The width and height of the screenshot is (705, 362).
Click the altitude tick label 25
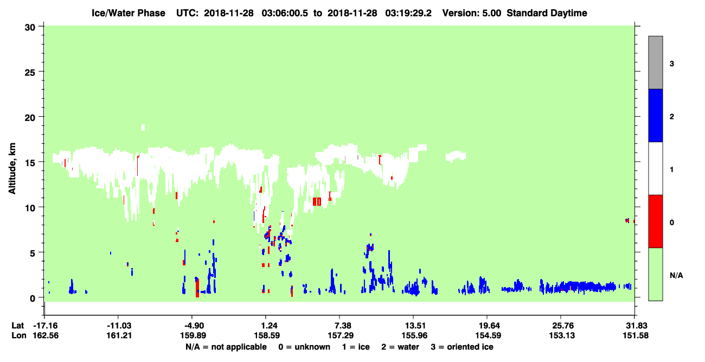30,72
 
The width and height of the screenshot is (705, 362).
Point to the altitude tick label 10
30,208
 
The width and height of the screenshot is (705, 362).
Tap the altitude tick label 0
33,299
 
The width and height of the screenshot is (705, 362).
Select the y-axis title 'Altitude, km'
12,168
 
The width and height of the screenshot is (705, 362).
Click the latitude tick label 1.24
266,326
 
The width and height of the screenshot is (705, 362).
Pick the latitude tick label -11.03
119,326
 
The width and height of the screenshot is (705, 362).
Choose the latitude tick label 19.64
487,326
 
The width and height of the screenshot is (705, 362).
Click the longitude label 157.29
341,335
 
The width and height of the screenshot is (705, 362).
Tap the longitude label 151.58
636,335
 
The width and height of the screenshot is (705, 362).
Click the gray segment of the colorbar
656,62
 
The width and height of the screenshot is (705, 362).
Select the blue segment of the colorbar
656,115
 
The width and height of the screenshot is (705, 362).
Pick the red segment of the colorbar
656,221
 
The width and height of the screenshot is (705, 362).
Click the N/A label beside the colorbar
676,276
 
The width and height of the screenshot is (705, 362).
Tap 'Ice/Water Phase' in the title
129,13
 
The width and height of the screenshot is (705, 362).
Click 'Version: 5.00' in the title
472,13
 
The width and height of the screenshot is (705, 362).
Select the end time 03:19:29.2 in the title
408,13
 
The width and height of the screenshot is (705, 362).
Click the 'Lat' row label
17,326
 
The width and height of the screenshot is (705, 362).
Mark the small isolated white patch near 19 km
143,128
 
